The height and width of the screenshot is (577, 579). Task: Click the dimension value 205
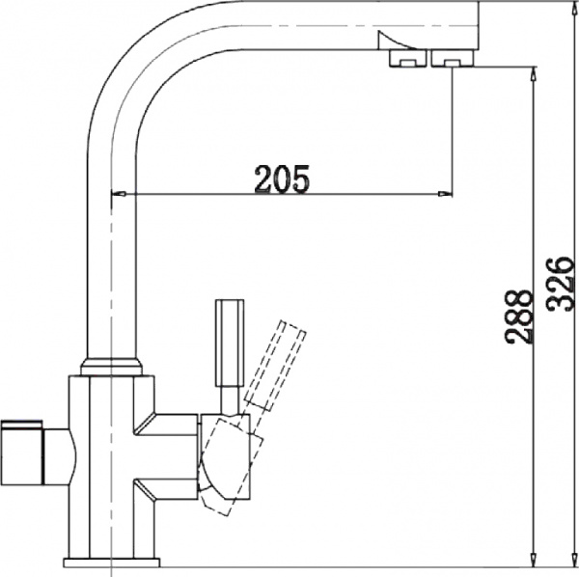click(281, 179)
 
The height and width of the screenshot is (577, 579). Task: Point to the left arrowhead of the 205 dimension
click(120, 197)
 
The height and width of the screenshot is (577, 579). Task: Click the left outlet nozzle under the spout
click(403, 61)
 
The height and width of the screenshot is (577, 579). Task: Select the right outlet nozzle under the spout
click(450, 61)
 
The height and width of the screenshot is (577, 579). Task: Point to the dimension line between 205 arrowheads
click(367, 197)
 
